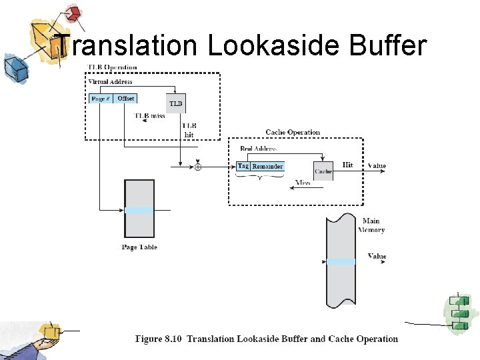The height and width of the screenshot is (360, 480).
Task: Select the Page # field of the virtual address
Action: tap(100, 99)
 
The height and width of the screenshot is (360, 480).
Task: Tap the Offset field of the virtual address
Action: tap(125, 99)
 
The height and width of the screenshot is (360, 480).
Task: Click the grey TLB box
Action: tap(175, 103)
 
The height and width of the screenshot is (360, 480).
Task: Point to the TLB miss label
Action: tap(149, 116)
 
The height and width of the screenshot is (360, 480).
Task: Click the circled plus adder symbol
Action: tap(197, 167)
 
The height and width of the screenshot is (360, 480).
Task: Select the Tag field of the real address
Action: tap(243, 166)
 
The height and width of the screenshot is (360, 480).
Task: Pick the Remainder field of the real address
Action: tap(267, 166)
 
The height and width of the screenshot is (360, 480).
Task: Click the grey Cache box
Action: tap(323, 171)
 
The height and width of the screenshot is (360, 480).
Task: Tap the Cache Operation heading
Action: tap(293, 132)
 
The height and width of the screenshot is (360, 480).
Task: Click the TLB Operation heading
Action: tap(113, 67)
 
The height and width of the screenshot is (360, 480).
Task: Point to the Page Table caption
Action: tap(139, 247)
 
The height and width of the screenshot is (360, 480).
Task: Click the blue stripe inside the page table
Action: tap(139, 210)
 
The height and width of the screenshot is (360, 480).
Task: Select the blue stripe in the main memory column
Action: tap(341, 261)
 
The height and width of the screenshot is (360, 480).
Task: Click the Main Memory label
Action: tap(371, 225)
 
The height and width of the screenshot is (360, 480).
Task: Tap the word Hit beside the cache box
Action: tap(347, 165)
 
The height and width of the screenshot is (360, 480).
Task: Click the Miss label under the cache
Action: tap(303, 182)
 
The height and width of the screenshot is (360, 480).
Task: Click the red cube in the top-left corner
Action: tap(73, 13)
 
